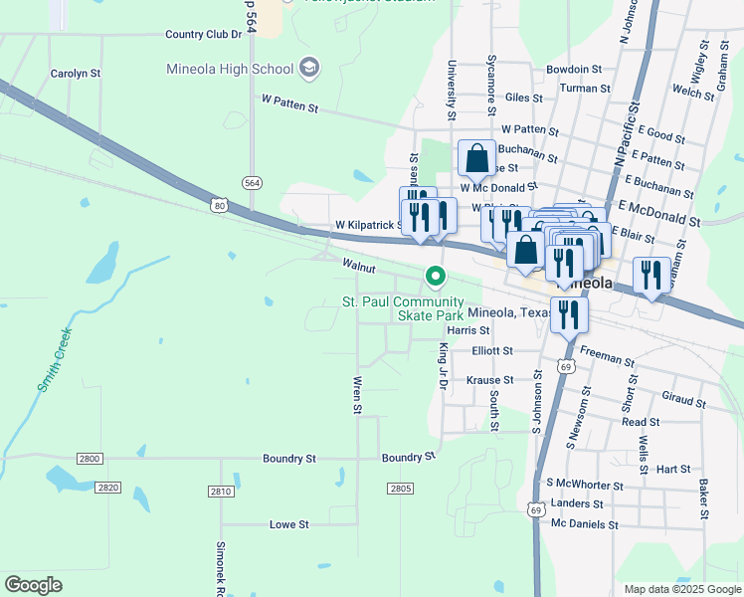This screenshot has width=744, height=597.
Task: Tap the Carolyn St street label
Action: pos(76,74)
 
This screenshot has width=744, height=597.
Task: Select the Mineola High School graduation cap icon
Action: pos(309,68)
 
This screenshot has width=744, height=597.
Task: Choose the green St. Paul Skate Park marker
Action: pos(434,276)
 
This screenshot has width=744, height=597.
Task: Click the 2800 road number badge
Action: pos(90,458)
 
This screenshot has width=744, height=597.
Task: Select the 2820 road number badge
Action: pos(108,488)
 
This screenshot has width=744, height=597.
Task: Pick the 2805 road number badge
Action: pos(400,488)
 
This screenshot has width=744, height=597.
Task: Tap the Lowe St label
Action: pos(289,523)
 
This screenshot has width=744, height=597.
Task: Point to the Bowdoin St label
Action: pos(574,70)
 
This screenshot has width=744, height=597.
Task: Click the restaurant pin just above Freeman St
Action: pos(570,316)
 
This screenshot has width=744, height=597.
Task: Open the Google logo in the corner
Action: pos(34,585)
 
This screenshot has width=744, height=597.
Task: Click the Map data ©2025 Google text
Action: pos(681,589)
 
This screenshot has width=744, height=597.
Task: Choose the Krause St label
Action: pos(490,380)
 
